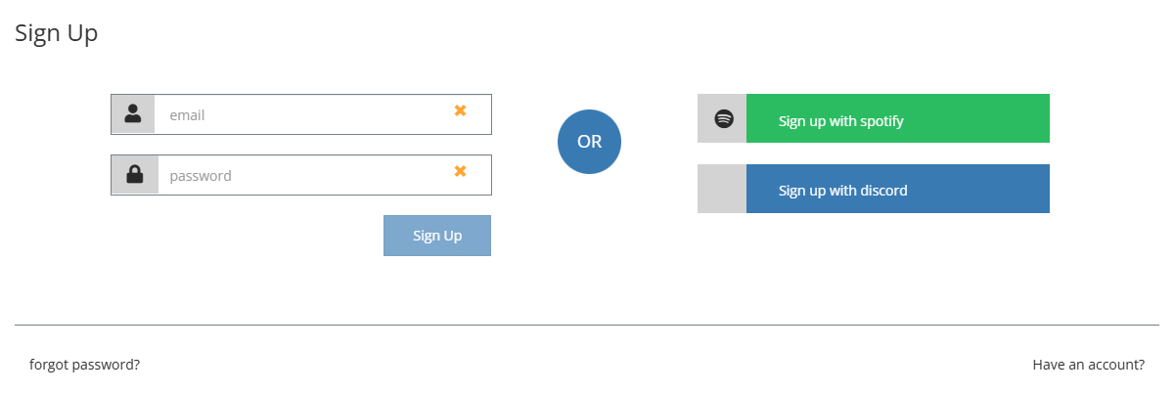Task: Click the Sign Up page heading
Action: coord(56,33)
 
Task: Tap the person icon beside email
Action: coord(133,113)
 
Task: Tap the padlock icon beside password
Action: coord(134,175)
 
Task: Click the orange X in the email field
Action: coord(460,110)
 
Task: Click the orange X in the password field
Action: coord(460,171)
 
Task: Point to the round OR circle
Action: coord(589,142)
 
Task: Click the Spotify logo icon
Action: coord(723,119)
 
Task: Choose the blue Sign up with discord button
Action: coord(897,189)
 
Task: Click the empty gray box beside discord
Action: coord(722,189)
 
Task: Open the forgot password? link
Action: coord(84,365)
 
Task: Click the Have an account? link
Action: coord(1088,365)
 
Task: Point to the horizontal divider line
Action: coord(587,325)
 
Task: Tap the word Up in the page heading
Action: coord(82,33)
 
